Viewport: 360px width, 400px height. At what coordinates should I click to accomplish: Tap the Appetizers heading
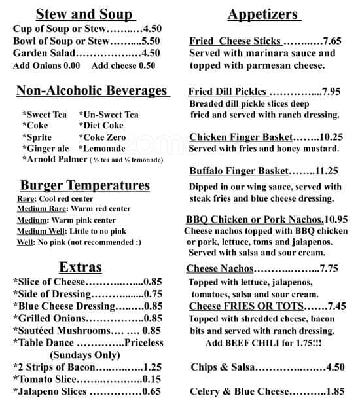[263, 14]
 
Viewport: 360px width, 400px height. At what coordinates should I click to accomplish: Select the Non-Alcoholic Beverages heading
[91, 91]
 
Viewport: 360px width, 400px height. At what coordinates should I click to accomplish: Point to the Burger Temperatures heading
[84, 185]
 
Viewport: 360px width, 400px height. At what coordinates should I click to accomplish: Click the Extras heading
[81, 266]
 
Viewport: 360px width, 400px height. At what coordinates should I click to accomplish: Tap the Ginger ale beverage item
[45, 148]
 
